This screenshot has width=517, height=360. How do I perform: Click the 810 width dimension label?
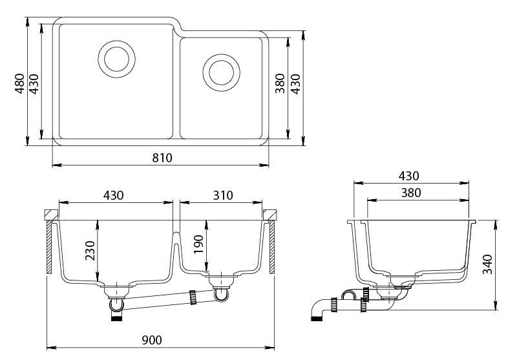click(x=162, y=158)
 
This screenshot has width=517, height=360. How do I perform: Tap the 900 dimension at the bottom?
click(x=152, y=340)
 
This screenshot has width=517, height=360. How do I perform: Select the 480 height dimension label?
click(x=20, y=84)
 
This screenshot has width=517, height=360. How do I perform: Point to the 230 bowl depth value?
click(x=90, y=251)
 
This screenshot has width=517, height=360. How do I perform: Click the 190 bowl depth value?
click(x=198, y=244)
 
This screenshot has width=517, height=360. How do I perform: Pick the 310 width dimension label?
click(x=223, y=195)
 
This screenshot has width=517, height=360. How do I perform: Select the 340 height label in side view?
click(x=487, y=264)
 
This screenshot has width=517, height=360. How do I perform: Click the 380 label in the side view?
click(x=411, y=193)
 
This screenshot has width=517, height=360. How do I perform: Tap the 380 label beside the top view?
click(x=280, y=83)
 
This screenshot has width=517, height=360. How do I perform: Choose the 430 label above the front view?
click(x=114, y=195)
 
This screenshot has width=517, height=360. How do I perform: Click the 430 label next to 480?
click(x=34, y=84)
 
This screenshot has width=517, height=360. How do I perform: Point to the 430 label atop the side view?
click(x=409, y=176)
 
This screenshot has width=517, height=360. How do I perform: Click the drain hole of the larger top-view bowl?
click(x=117, y=59)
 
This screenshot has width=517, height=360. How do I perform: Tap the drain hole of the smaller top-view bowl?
click(x=221, y=72)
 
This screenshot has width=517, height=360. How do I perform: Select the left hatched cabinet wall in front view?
click(x=50, y=247)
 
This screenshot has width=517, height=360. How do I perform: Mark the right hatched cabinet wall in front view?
click(x=272, y=247)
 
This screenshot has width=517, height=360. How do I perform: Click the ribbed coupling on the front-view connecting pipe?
click(x=193, y=297)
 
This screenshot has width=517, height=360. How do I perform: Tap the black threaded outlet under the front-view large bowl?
click(x=117, y=318)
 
